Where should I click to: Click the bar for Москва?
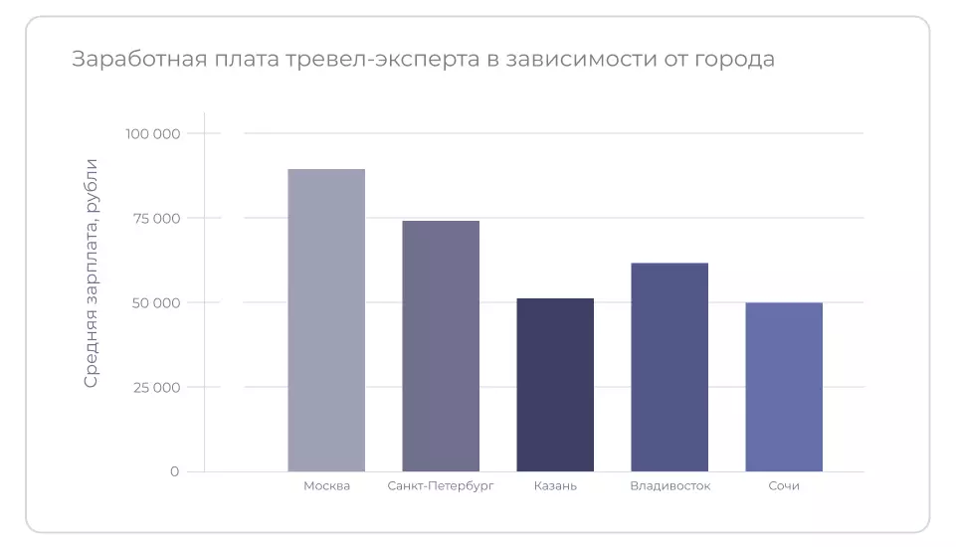[326, 320]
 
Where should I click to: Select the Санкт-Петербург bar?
[441, 346]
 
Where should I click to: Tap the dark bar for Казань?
[555, 385]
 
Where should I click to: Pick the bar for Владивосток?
[669, 367]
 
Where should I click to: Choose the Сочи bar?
[784, 387]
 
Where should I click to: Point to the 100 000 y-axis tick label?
[152, 133]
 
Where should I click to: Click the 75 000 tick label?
[155, 218]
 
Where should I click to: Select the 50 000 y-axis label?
[155, 302]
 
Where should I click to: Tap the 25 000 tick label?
[155, 387]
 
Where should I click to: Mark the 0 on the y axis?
[174, 471]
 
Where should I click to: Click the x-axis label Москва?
[326, 486]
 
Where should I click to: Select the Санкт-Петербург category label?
[441, 486]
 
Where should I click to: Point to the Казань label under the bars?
[555, 486]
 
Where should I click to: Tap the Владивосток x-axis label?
[669, 486]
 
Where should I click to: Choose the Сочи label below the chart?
[784, 486]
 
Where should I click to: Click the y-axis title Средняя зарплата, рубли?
[91, 273]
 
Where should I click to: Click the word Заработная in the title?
[135, 59]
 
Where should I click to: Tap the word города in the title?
[735, 60]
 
